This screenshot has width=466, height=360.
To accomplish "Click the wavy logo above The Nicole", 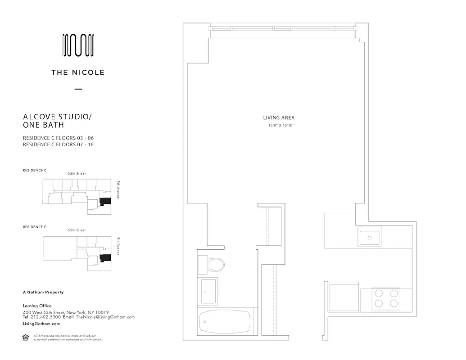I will (x=78, y=46).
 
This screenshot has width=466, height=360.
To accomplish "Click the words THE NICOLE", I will (x=78, y=72).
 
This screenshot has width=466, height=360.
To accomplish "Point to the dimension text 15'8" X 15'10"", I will (x=281, y=126).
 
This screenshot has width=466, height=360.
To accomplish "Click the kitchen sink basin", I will (x=370, y=237).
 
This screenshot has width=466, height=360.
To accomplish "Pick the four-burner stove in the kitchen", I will (x=386, y=298).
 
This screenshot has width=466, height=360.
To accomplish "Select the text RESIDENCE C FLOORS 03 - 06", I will (x=58, y=138).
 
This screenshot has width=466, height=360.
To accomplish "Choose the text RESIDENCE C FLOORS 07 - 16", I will (x=58, y=145).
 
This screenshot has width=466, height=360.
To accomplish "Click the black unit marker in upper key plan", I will (x=105, y=202).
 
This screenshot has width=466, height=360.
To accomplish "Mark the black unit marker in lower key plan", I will (x=105, y=258).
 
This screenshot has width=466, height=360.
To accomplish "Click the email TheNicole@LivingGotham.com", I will (x=105, y=317).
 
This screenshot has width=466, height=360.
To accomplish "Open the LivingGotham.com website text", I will (x=41, y=324).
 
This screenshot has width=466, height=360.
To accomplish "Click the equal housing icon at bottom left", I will (x=25, y=337).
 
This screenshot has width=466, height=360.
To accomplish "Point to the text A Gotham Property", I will (x=43, y=292).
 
